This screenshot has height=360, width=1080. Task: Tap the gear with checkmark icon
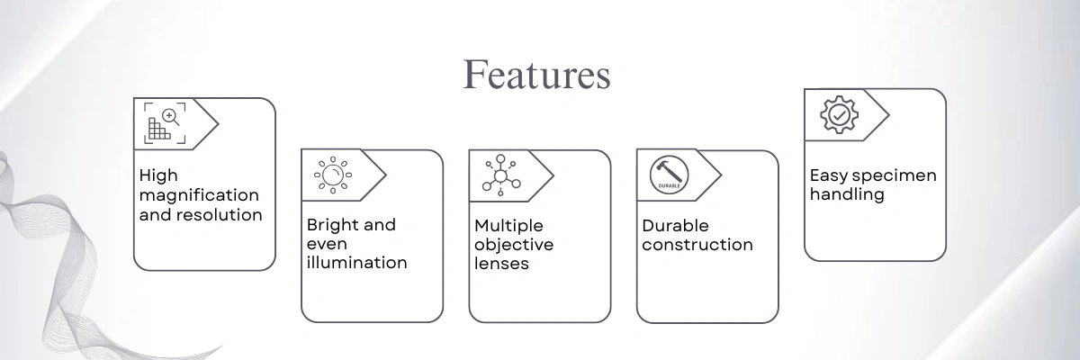838,114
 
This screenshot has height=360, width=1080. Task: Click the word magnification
199,195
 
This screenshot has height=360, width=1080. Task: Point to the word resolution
220,215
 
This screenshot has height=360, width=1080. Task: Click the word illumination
356,263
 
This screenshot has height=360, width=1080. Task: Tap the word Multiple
508,224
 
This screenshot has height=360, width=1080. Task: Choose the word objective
514,244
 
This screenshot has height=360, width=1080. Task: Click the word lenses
501,264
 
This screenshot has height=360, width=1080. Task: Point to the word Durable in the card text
675,225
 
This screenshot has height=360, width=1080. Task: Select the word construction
697,244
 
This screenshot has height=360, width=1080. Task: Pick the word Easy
828,175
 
